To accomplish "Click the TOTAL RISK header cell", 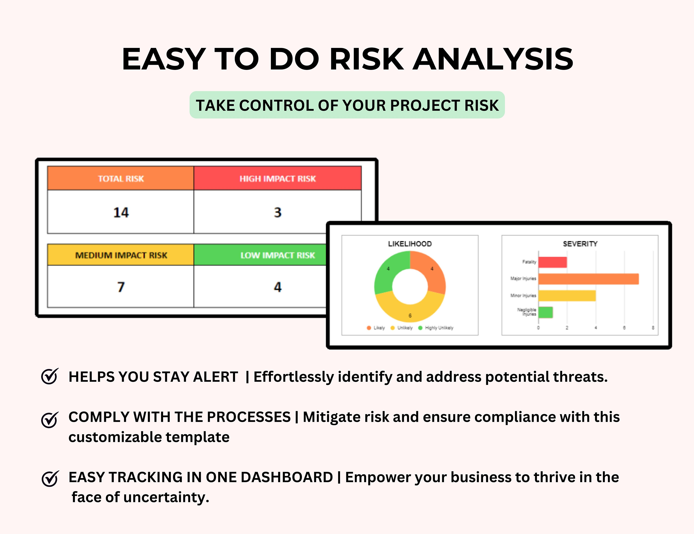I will coord(121,179).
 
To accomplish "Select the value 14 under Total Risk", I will coord(121,212).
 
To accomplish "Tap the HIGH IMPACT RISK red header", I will coord(277,179).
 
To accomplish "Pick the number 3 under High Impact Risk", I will coord(278,212).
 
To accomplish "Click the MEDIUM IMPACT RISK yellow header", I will coord(121,255).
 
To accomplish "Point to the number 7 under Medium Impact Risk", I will coord(121,287).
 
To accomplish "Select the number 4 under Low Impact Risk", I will coord(278,287).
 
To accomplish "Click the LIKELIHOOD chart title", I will coord(410,244).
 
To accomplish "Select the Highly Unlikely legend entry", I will coord(439,328).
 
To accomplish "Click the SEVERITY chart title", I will coord(580,244).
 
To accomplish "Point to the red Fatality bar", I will coord(552,262).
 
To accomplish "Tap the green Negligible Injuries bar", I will coord(545,312).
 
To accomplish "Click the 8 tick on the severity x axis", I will coord(653,328).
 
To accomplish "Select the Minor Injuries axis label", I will coord(523,296).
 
